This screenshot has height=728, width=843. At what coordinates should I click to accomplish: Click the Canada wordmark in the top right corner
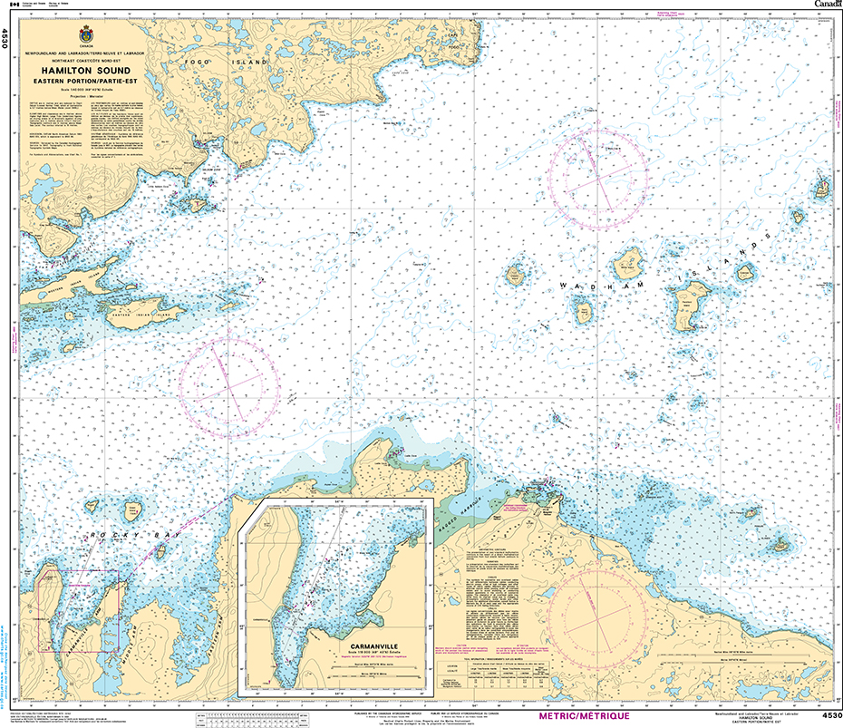(x=826, y=5)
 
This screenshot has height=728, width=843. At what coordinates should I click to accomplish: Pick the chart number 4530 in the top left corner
(x=5, y=39)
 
